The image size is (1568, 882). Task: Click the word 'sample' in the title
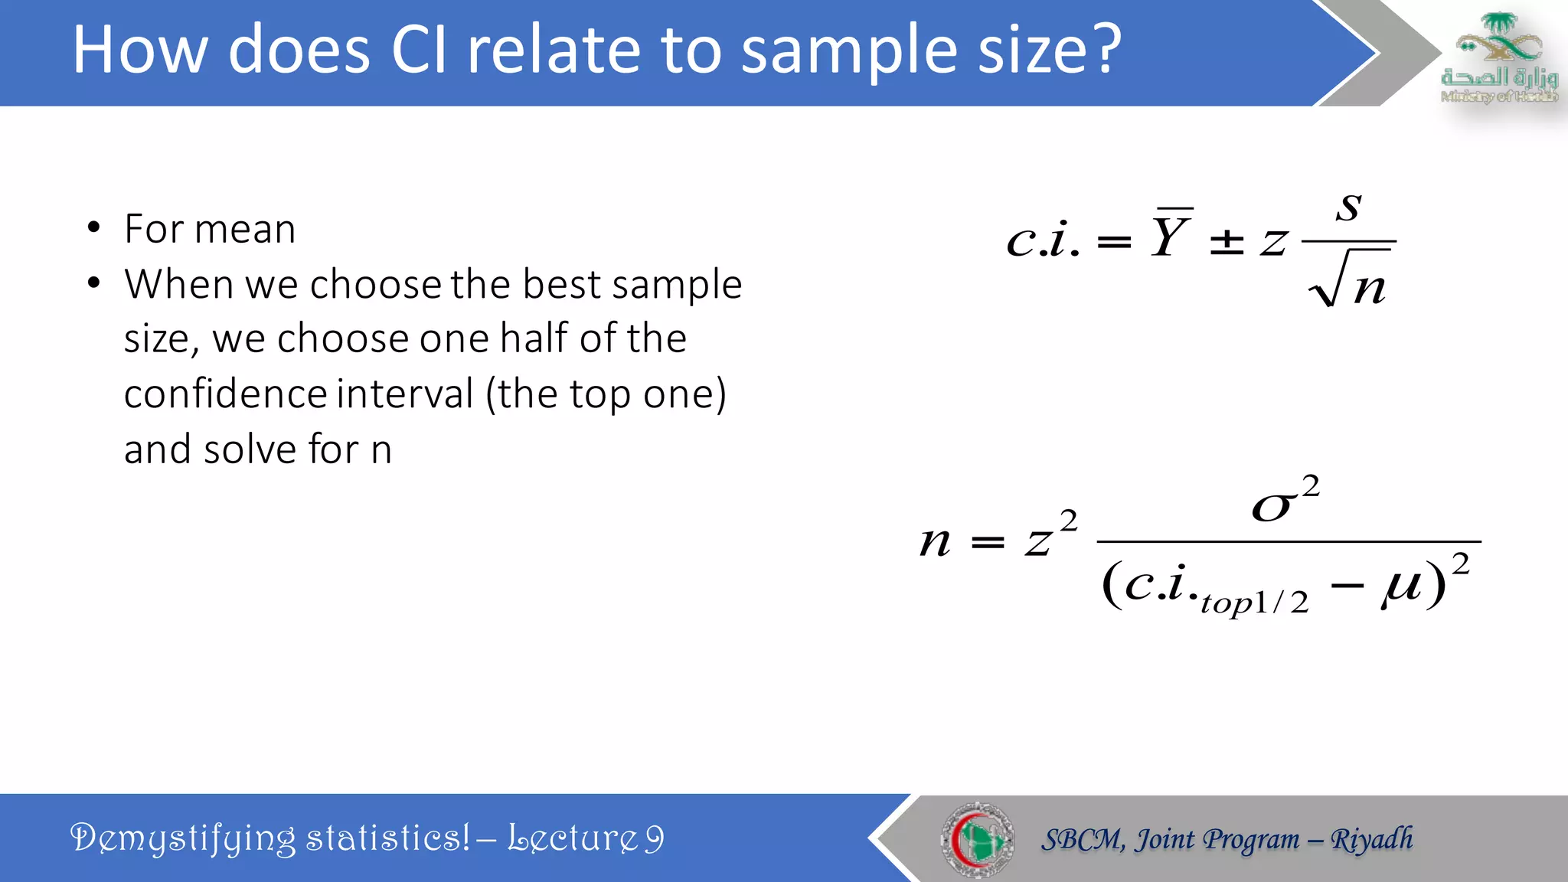[844, 52]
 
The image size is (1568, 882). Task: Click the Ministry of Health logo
[1498, 57]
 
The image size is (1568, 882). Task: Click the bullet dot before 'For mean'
[94, 228]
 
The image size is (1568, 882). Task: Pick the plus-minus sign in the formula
[1227, 242]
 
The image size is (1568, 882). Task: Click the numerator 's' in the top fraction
[1349, 207]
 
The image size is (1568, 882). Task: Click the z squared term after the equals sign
[1050, 536]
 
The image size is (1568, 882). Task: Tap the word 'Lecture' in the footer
[572, 838]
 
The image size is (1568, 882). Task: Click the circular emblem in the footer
[977, 839]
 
